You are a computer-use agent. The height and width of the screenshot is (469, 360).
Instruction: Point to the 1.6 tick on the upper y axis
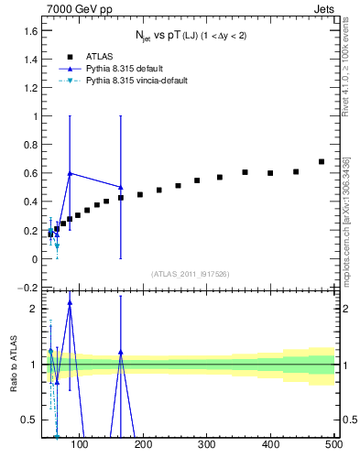(29, 31)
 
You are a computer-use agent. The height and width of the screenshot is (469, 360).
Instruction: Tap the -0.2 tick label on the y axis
(27, 288)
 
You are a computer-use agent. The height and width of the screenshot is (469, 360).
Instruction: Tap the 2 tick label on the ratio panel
(33, 309)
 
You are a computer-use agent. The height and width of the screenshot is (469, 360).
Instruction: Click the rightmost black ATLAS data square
(321, 162)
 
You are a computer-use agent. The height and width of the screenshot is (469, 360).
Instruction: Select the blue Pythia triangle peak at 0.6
(70, 173)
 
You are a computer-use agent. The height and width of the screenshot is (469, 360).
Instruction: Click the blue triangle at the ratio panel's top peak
(70, 303)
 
